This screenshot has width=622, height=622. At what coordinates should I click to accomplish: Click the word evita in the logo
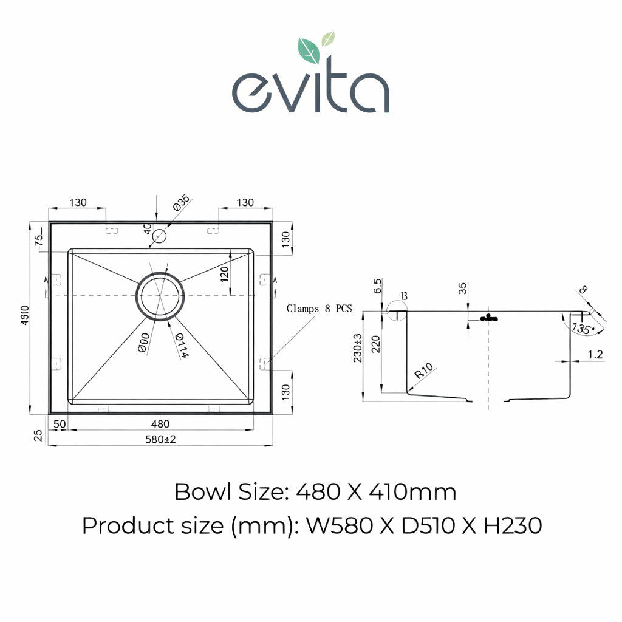(310, 91)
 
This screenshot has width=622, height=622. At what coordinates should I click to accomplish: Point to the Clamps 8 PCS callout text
(319, 309)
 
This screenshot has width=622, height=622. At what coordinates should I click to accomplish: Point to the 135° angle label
(581, 329)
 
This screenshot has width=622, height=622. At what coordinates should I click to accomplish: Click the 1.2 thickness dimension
(596, 355)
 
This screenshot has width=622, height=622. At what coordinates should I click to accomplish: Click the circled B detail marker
(402, 298)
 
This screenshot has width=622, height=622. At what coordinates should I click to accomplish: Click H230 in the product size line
(512, 525)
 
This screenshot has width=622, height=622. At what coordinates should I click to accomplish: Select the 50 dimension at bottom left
(60, 424)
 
